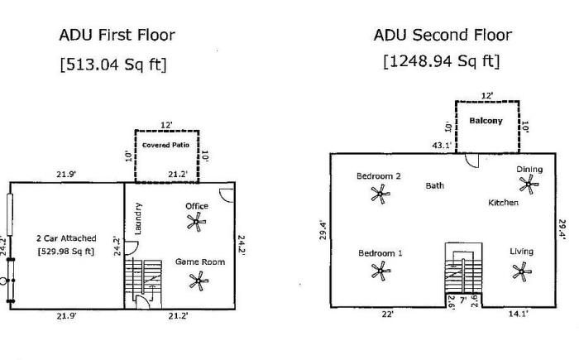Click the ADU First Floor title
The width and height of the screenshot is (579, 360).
[x=117, y=35]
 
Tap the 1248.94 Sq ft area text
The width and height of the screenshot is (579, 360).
[x=442, y=61]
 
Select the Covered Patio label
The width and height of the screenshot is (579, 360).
[x=165, y=145]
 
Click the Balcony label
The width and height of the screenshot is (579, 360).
[x=486, y=121]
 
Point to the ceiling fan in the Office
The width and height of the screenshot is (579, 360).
[x=197, y=222]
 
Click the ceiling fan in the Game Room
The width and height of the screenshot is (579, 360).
[x=199, y=281]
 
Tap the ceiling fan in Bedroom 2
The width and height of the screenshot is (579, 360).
[x=380, y=194]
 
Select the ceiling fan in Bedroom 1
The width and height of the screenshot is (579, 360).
[x=380, y=271]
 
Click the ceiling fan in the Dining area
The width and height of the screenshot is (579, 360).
[x=529, y=184]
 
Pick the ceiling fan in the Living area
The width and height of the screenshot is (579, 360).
[x=522, y=271]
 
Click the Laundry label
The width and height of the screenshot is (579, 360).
[x=138, y=218]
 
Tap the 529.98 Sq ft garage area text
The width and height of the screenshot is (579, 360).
[x=66, y=252]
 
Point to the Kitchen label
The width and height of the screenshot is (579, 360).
[x=503, y=203]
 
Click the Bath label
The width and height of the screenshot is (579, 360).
[x=435, y=185]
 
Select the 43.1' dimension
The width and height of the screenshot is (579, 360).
[x=442, y=146]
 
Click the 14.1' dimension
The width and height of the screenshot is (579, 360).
[x=519, y=314]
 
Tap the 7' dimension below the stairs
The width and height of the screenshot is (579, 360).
[x=463, y=300]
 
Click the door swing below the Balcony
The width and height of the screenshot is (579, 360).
[x=472, y=161]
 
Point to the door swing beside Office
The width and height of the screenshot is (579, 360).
[x=227, y=195]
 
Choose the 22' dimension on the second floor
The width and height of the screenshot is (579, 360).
[x=388, y=314]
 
